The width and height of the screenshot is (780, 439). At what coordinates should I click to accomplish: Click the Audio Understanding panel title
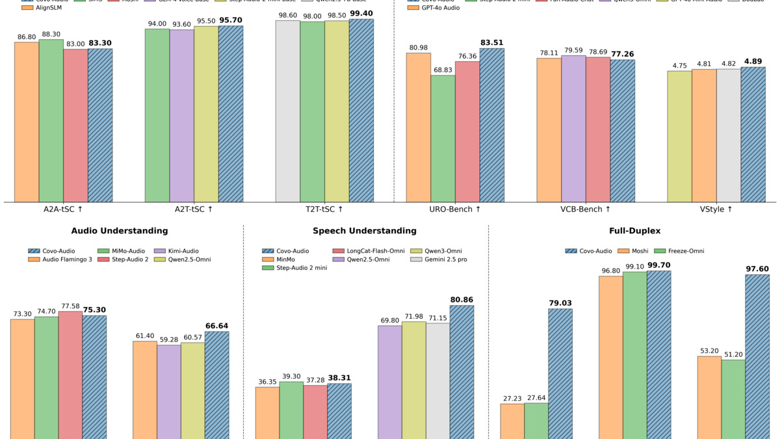click(x=120, y=231)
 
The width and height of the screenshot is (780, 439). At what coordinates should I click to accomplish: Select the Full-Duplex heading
click(x=634, y=231)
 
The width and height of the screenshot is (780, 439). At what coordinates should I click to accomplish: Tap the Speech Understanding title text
click(x=365, y=231)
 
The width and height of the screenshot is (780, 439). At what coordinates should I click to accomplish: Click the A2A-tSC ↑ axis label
click(x=63, y=209)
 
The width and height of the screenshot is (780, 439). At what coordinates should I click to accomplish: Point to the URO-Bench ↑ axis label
click(x=455, y=209)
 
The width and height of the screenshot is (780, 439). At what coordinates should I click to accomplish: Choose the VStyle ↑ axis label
click(x=716, y=209)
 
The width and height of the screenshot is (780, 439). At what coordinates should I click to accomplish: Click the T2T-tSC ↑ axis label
click(x=324, y=209)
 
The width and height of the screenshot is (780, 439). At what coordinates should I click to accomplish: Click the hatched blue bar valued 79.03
click(x=560, y=374)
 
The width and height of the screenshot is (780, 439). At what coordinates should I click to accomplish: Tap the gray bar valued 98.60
click(x=287, y=111)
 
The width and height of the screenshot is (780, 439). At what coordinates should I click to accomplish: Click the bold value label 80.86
click(x=461, y=300)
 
